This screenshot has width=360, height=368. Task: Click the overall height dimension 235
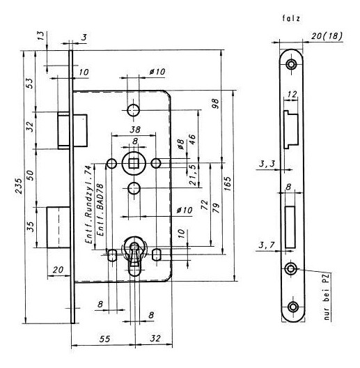click(x=19, y=186)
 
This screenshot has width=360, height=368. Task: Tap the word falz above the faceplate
click(x=291, y=18)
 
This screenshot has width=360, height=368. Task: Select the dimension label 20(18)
click(x=327, y=36)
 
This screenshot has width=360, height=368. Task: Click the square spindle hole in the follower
click(x=134, y=163)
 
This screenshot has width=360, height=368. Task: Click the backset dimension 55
click(x=105, y=339)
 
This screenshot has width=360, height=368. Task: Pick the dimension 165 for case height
click(x=228, y=184)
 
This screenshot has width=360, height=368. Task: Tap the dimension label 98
click(x=215, y=103)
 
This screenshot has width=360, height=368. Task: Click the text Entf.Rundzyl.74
click(x=88, y=204)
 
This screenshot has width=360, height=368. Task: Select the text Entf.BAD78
click(x=100, y=210)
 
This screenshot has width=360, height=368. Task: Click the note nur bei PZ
click(x=327, y=297)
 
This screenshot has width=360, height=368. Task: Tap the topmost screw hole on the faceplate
click(x=292, y=64)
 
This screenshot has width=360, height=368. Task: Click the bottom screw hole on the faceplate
click(x=293, y=307)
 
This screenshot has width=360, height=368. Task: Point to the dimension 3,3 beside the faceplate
click(x=267, y=164)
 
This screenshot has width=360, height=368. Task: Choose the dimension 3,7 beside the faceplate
click(x=267, y=245)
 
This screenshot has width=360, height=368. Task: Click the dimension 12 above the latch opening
click(x=292, y=94)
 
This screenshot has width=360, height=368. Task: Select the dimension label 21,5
click(x=192, y=175)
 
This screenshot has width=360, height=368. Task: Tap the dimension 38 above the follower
click(x=135, y=130)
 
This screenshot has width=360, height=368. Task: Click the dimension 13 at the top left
click(x=40, y=36)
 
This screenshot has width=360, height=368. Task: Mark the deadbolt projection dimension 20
click(x=58, y=270)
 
